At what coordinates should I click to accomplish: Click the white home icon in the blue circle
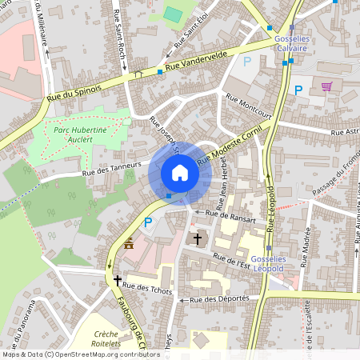tap(180, 173)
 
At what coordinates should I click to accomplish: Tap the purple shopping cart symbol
tap(326, 87)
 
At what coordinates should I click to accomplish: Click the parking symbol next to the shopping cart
tap(298, 90)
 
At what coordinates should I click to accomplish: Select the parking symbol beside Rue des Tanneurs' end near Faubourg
tap(147, 222)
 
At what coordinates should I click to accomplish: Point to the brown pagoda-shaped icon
tap(129, 243)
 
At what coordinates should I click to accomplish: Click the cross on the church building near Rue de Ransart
tap(198, 238)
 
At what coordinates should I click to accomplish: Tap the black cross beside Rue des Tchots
tap(118, 281)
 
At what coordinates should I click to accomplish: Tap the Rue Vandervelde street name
tap(197, 68)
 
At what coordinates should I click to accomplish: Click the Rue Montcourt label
tap(249, 106)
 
